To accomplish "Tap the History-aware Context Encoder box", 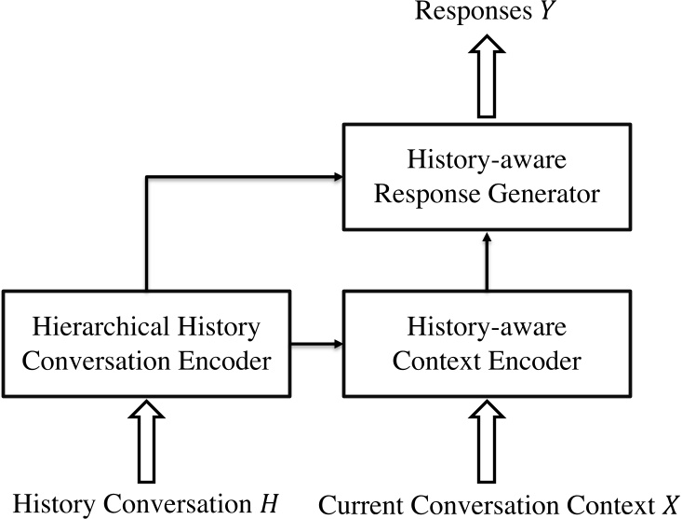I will tap(484, 344).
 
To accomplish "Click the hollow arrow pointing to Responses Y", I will tap(484, 78).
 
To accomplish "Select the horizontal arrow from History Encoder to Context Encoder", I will tap(315, 344).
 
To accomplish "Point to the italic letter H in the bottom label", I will tap(268, 504).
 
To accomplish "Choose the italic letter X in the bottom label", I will tap(669, 504).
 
